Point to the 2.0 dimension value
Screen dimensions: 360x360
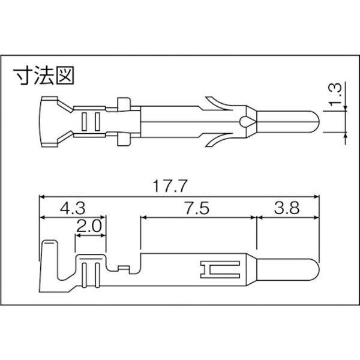click(90, 227)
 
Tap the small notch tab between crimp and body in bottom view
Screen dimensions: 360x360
click(124, 268)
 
